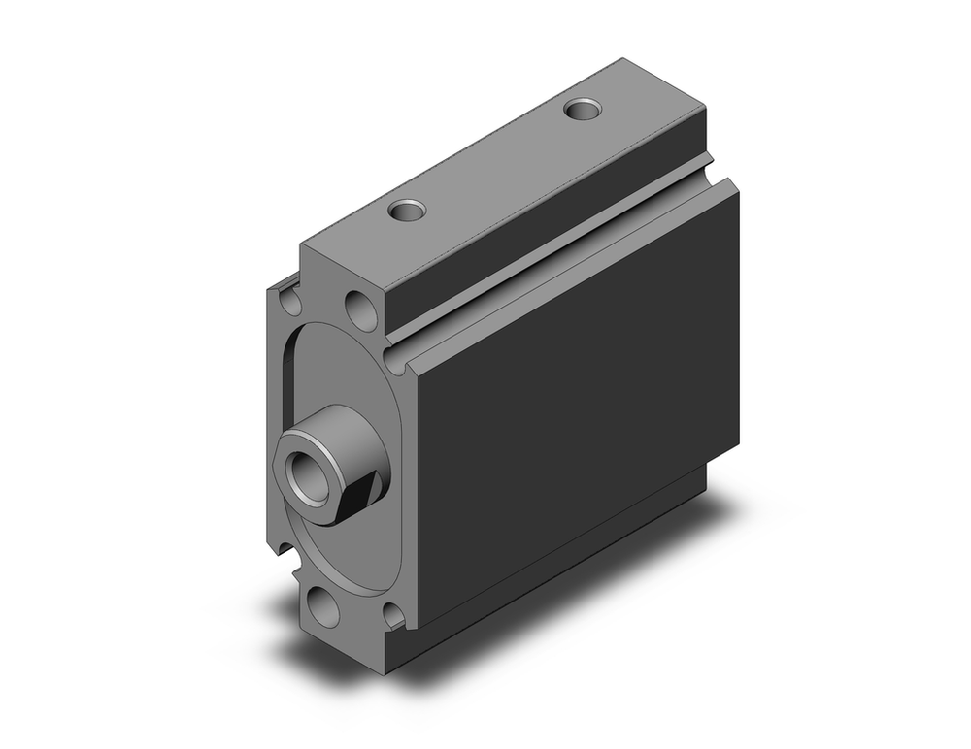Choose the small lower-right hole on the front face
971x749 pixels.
(x=393, y=613)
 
